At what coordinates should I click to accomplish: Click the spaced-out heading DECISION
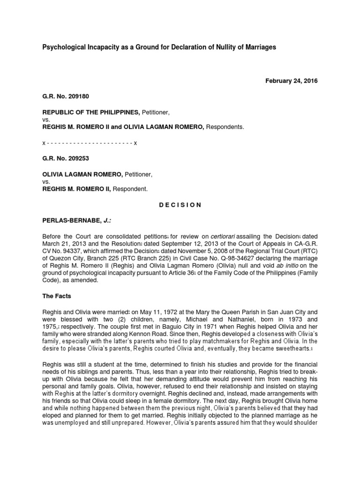coord(180,205)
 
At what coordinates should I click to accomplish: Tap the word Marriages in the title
coord(259,47)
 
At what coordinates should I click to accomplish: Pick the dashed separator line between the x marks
coord(89,142)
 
